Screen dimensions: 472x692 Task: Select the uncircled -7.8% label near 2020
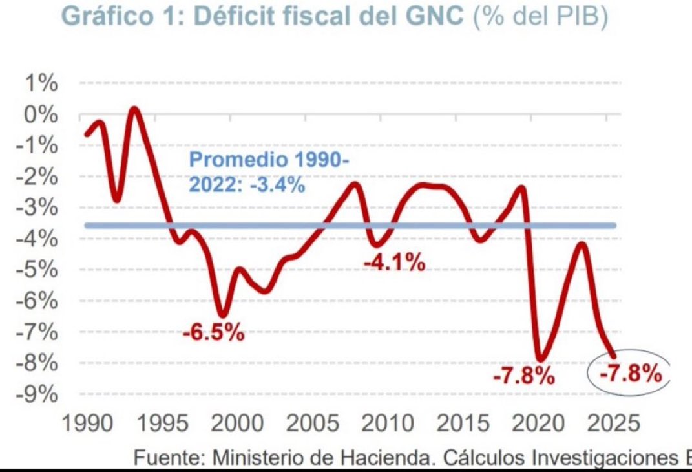(523, 376)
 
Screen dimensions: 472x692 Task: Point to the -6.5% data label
(213, 334)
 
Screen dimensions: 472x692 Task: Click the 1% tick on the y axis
(42, 84)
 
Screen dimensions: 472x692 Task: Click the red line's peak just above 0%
(134, 109)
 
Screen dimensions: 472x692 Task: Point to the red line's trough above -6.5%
(222, 315)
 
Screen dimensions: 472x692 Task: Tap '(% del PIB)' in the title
(540, 17)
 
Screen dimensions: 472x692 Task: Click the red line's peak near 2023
(583, 244)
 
